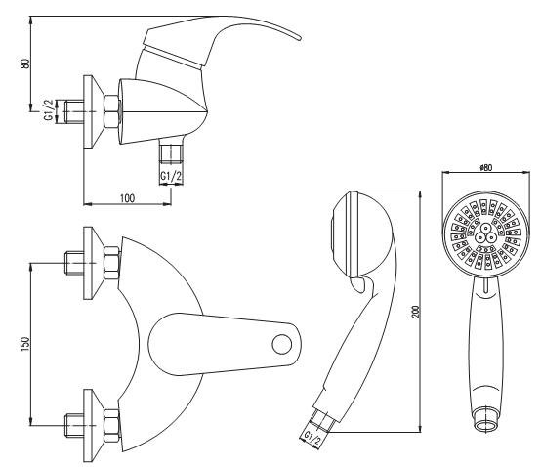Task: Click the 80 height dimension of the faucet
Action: [x=25, y=64]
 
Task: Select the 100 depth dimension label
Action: [x=127, y=198]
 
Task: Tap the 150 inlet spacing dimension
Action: [x=25, y=344]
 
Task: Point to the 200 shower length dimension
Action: [x=416, y=312]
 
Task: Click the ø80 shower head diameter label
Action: [x=485, y=168]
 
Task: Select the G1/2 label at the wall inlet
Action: [x=49, y=110]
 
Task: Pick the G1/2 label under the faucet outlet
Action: [x=171, y=176]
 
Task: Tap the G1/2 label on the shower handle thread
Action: [x=312, y=439]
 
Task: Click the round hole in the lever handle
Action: [x=282, y=344]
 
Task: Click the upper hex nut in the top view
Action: [x=111, y=263]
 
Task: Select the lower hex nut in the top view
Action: [x=111, y=426]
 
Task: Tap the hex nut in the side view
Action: [x=111, y=111]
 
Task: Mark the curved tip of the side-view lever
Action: [x=299, y=37]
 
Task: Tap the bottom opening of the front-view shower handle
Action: [x=486, y=424]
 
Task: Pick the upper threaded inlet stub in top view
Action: [x=74, y=263]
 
